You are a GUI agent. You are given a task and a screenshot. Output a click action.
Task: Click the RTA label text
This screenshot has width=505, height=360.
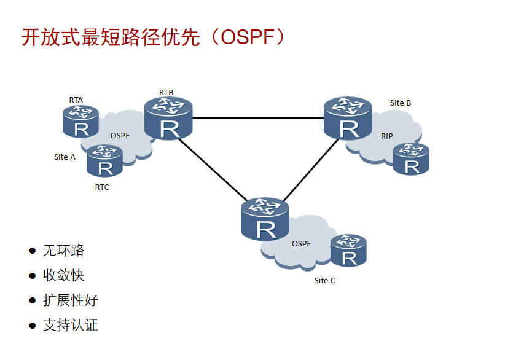pyautogui.click(x=76, y=100)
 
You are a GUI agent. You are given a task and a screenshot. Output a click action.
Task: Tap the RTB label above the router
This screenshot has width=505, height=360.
pyautogui.click(x=166, y=93)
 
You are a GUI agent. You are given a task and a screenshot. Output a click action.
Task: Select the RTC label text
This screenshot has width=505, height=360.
pyautogui.click(x=102, y=187)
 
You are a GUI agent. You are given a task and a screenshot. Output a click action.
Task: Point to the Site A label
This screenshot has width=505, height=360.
pyautogui.click(x=65, y=157)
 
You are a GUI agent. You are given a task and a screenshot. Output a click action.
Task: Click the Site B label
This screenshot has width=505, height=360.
pyautogui.click(x=401, y=103)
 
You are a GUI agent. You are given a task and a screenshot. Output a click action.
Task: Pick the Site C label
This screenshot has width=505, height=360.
pyautogui.click(x=324, y=281)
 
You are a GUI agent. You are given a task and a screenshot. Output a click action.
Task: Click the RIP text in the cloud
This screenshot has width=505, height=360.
pyautogui.click(x=387, y=136)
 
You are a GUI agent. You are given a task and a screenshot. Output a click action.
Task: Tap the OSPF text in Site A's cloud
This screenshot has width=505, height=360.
pyautogui.click(x=120, y=136)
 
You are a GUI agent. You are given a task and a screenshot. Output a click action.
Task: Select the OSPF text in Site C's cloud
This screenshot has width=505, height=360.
pyautogui.click(x=302, y=244)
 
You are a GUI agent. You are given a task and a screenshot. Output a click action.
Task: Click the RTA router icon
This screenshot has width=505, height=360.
pyautogui.click(x=80, y=122)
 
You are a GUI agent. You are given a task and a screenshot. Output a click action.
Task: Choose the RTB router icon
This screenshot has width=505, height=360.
pyautogui.click(x=168, y=119)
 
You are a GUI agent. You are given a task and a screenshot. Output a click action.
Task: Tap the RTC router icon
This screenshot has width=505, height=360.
pyautogui.click(x=104, y=161)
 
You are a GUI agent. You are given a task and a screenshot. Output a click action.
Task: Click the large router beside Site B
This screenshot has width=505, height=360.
pyautogui.click(x=348, y=119)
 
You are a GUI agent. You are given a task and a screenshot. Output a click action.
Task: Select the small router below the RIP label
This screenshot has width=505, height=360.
pyautogui.click(x=411, y=158)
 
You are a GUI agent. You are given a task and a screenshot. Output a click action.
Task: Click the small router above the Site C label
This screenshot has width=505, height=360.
pyautogui.click(x=348, y=251)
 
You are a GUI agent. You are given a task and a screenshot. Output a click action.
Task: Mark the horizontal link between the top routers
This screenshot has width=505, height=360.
pyautogui.click(x=258, y=119)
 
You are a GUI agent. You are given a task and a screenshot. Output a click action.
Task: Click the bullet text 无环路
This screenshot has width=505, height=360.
pyautogui.click(x=64, y=251)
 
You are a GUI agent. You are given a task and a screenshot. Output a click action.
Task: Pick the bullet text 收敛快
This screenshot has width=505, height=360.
pyautogui.click(x=64, y=275)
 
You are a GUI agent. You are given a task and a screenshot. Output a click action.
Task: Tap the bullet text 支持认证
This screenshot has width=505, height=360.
pyautogui.click(x=71, y=325)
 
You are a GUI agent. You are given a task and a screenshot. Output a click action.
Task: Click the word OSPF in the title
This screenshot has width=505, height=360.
pyautogui.click(x=248, y=37)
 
